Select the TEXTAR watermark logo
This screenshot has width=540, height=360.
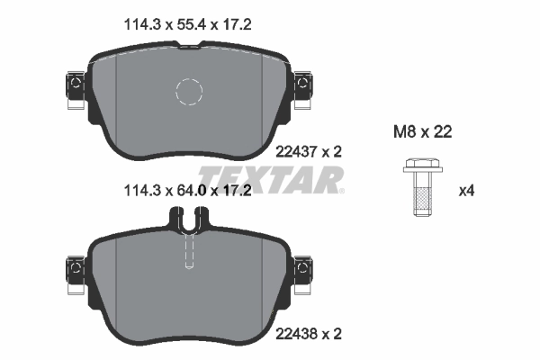[271, 180]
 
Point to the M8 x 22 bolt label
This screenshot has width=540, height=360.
[422, 132]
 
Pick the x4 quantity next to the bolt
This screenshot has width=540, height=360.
[467, 191]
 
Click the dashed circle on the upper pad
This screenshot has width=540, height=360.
[190, 92]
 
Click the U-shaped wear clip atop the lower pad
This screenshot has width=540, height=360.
[189, 218]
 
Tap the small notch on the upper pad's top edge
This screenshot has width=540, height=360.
[189, 52]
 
